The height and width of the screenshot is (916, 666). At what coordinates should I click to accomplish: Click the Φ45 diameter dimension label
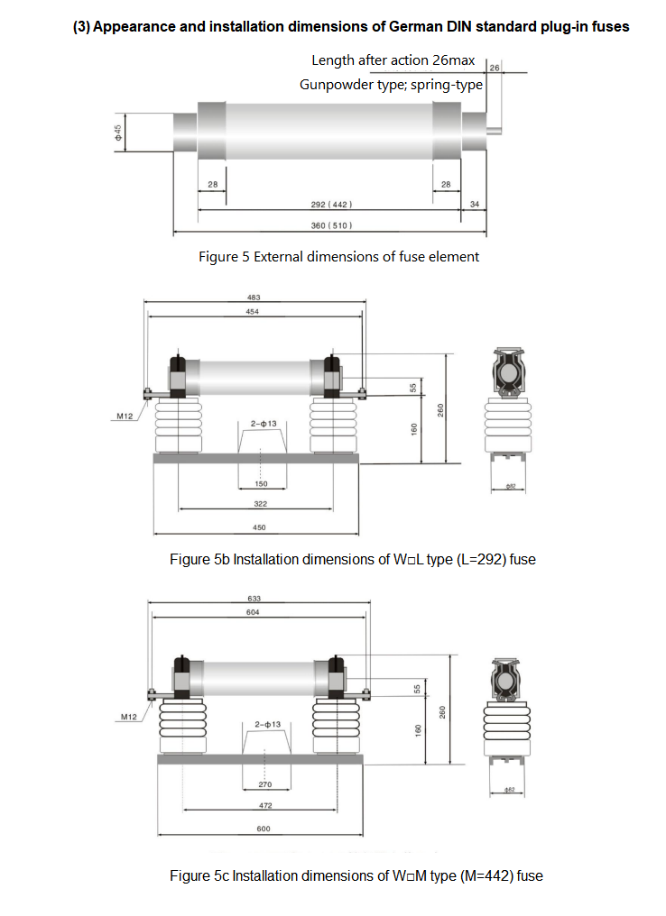coord(118,133)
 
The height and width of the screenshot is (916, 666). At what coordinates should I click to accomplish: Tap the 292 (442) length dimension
coord(331,205)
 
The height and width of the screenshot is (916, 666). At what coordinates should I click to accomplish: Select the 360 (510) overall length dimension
coord(331,225)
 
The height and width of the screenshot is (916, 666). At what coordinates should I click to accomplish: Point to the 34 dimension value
coord(474,205)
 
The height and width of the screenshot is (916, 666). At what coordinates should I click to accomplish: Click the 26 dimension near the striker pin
coord(495,68)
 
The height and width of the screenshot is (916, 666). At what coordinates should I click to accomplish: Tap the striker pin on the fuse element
coord(495,131)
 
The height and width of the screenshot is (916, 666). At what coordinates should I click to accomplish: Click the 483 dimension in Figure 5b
coord(254,298)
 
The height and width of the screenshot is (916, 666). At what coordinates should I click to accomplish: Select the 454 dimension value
coord(252,312)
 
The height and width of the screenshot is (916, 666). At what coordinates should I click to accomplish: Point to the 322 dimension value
coord(260,504)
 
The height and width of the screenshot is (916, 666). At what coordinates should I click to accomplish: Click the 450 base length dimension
coord(259,527)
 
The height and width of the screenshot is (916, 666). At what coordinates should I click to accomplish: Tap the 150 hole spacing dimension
coord(262,484)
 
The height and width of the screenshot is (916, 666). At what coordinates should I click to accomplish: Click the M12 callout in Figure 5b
coord(125,416)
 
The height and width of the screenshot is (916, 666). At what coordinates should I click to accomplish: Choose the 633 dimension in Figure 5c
coord(254,599)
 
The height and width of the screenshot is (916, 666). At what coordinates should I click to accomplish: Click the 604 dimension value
coord(253,612)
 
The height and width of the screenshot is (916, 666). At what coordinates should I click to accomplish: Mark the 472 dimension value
coord(265,806)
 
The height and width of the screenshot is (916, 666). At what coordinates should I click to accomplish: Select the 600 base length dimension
coord(264,829)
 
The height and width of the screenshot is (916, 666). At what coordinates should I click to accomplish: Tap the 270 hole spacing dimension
coord(265,784)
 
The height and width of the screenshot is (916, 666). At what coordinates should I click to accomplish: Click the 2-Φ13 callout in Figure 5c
coord(268,724)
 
